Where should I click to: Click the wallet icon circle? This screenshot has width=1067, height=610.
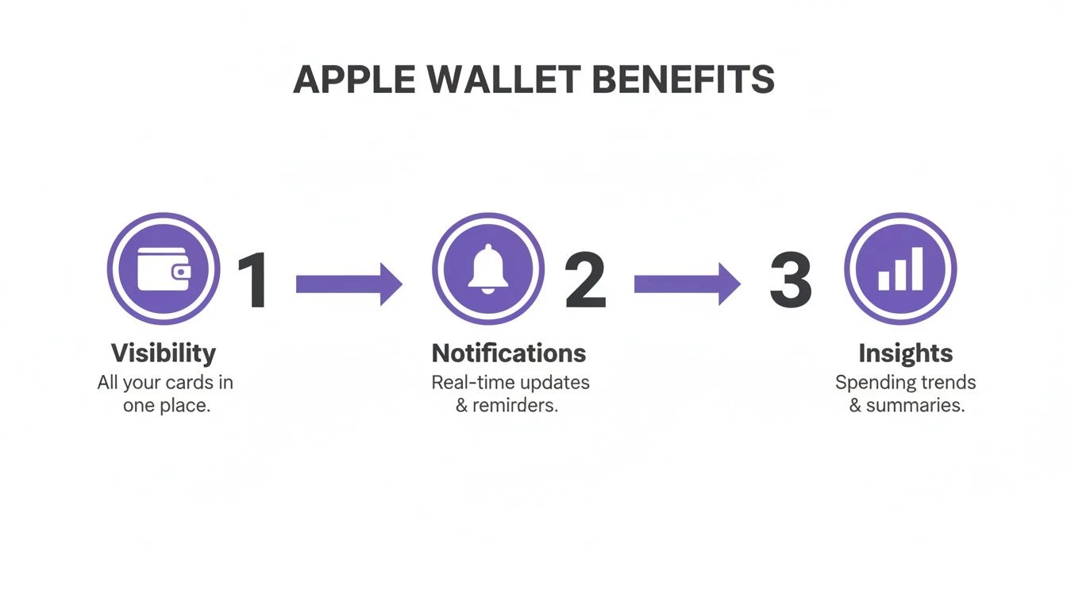point(164,268)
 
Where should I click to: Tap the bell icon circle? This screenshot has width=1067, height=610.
point(488,268)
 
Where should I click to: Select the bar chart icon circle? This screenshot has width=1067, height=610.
point(900,268)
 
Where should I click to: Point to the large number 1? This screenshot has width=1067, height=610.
point(255,280)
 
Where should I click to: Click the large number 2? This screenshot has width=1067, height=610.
point(585,280)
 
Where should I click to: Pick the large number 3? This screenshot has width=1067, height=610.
point(791,280)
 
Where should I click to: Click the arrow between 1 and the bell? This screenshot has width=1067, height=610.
point(349,284)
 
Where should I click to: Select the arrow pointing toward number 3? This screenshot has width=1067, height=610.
point(687,284)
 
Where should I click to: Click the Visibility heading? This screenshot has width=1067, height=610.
point(163,353)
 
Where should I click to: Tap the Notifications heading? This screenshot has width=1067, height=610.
point(509,353)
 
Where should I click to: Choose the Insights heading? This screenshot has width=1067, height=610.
point(905,353)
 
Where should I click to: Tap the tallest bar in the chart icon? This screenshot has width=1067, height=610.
point(917,268)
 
